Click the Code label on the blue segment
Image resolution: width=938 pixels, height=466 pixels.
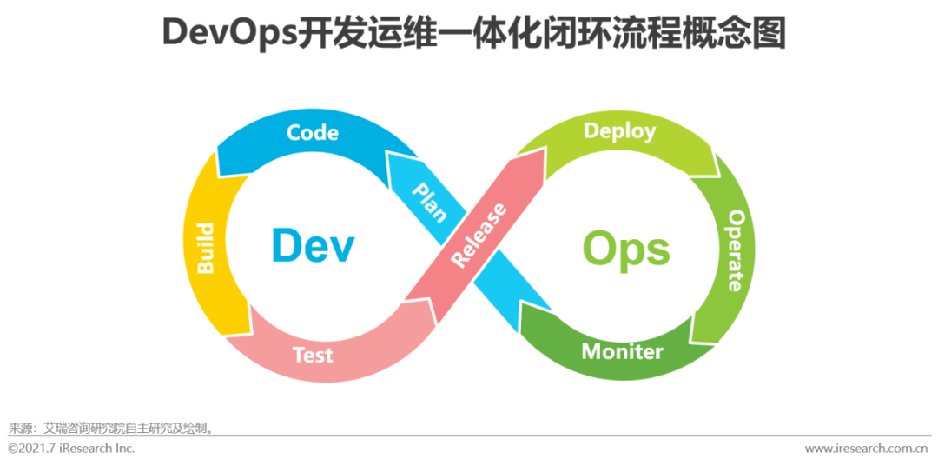coord(313,133)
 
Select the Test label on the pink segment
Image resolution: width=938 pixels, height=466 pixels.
coord(313,354)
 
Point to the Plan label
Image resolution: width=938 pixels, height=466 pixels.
coord(428,202)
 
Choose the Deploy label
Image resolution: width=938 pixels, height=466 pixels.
coord(619,131)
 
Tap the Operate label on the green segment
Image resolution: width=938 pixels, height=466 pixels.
coord(735,250)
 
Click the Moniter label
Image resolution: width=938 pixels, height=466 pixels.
coord(622,351)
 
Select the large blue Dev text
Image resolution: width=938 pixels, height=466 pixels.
coord(313,247)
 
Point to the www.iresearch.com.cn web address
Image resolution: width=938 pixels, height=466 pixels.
coord(866,449)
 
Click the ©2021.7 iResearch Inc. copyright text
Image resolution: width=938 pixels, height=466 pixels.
coord(71,449)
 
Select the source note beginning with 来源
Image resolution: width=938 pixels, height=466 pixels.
coord(111,428)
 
